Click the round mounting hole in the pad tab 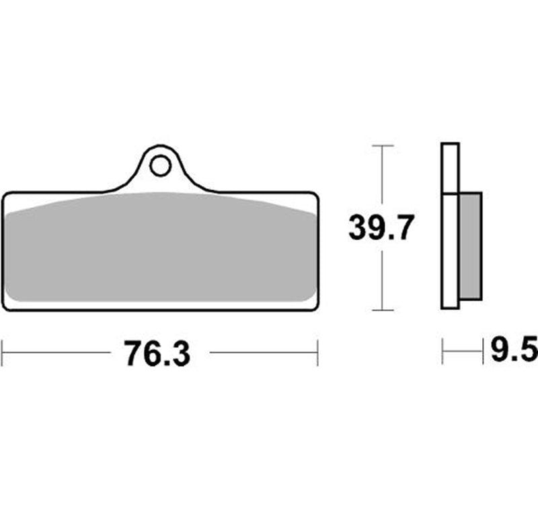[x=160, y=165]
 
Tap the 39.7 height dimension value [x=378, y=229]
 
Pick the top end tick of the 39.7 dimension [x=382, y=145]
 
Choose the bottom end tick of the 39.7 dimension [x=382, y=310]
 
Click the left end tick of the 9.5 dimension [x=443, y=352]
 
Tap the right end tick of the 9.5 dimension [x=483, y=352]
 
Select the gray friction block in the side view [x=470, y=246]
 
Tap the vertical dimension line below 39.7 [x=382, y=279]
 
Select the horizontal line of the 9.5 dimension [x=463, y=352]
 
